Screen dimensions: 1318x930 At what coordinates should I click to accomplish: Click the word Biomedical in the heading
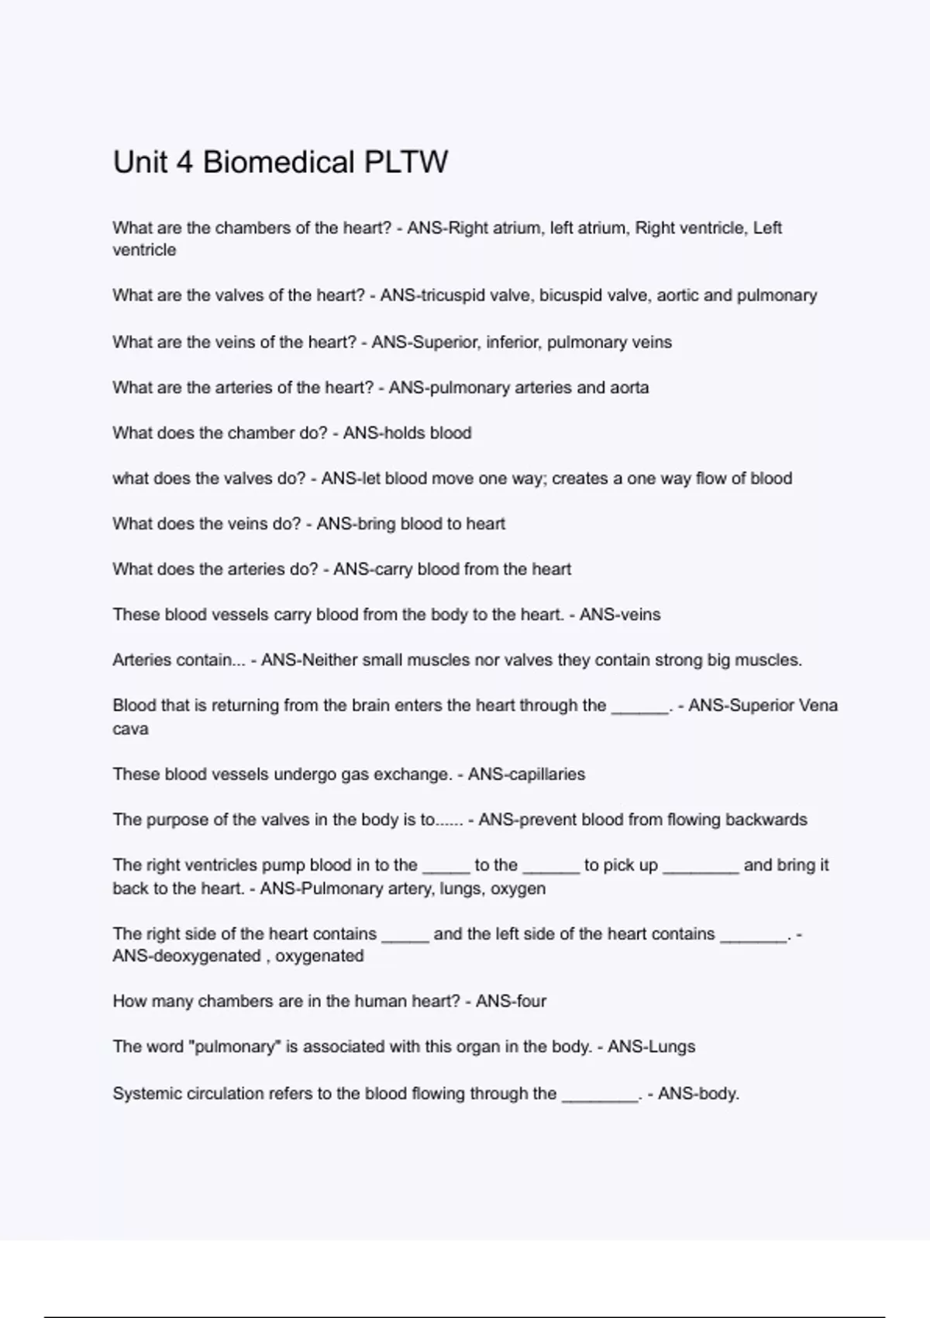pyautogui.click(x=278, y=163)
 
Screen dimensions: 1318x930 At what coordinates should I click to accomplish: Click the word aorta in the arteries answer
pyautogui.click(x=629, y=388)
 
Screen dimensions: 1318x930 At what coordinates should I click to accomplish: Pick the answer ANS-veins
pyautogui.click(x=620, y=615)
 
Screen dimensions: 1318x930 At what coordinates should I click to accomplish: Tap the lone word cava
pyautogui.click(x=130, y=729)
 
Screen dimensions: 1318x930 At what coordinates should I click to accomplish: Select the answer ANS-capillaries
pyautogui.click(x=526, y=775)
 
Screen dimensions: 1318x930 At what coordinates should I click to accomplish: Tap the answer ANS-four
pyautogui.click(x=511, y=1002)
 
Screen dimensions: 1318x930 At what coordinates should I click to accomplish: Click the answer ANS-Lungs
pyautogui.click(x=651, y=1047)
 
